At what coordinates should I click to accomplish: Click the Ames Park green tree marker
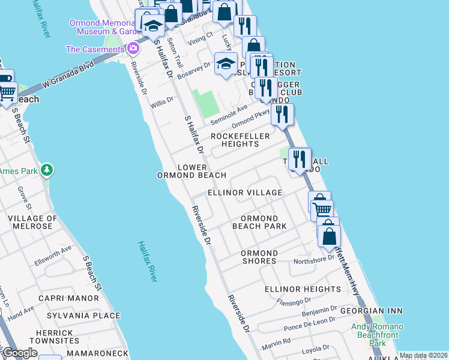coord(47,171)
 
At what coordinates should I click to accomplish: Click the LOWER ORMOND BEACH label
coord(191,171)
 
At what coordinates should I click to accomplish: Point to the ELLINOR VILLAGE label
coord(244,193)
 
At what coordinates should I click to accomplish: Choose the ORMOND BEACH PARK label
coord(259,222)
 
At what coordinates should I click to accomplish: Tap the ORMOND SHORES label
coord(259,257)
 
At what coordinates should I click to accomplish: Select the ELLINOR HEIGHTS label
coord(303,289)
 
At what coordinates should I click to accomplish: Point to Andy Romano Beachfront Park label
coord(378,335)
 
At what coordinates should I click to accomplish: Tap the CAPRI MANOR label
coord(68,298)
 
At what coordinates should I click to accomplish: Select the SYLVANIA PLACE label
coord(86,316)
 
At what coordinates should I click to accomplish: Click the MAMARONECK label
coord(97,355)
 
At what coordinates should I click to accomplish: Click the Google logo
coord(20,353)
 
